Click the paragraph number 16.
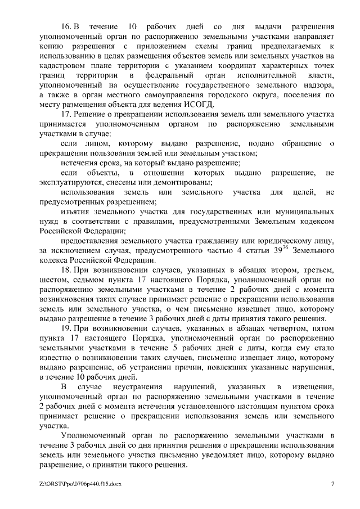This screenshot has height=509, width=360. [x=65, y=27]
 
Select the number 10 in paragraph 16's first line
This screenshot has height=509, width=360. [x=132, y=27]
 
